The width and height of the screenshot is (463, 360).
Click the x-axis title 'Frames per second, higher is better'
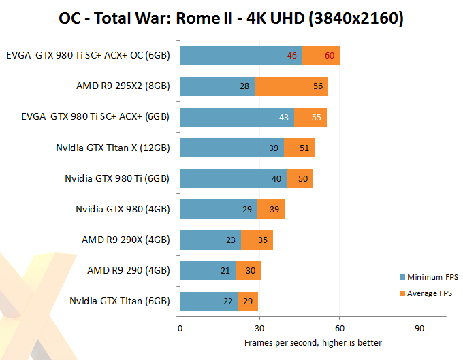tap(313, 342)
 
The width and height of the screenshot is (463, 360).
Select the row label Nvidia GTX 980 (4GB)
tap(123, 209)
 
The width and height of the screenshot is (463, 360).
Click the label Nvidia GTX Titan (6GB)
tap(120, 301)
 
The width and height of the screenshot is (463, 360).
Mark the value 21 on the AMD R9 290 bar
tap(225, 270)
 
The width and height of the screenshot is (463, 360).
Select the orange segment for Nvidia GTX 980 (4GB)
tap(272, 209)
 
